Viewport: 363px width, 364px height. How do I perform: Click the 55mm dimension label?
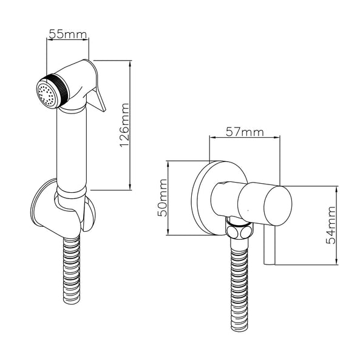pos(67,35)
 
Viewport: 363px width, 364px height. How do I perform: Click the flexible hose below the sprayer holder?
pos(72,273)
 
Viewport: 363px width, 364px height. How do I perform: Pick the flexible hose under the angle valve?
pos(239,285)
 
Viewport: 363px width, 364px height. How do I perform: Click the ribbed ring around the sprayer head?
pos(56,92)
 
